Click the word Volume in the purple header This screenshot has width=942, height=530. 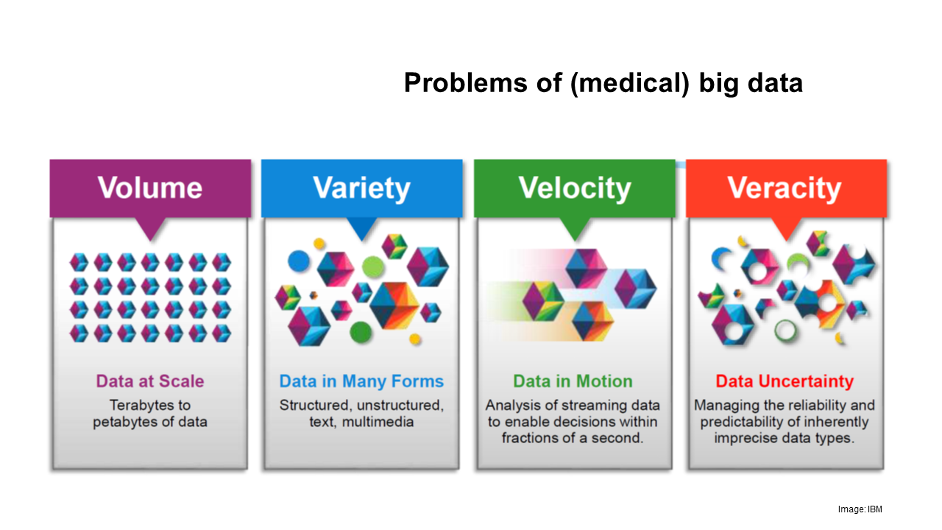[x=150, y=188]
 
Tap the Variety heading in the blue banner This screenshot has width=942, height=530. [x=361, y=188]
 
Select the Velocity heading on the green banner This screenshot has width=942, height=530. [x=575, y=188]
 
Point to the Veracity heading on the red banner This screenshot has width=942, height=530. [x=785, y=188]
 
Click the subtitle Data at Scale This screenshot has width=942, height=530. [x=150, y=381]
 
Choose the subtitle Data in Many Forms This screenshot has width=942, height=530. [x=361, y=381]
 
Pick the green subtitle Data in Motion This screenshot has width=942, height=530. [x=573, y=381]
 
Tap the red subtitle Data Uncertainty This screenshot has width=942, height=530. [x=785, y=381]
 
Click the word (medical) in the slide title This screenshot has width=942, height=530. [x=630, y=83]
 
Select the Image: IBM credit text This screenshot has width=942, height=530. [x=860, y=509]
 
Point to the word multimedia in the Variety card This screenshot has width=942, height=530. [x=378, y=422]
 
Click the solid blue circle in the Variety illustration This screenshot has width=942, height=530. [x=299, y=261]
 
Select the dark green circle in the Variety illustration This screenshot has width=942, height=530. [x=361, y=333]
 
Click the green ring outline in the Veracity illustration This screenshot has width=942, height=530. [x=785, y=331]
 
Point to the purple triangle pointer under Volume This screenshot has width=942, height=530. [x=151, y=229]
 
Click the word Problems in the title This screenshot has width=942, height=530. [x=466, y=83]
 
